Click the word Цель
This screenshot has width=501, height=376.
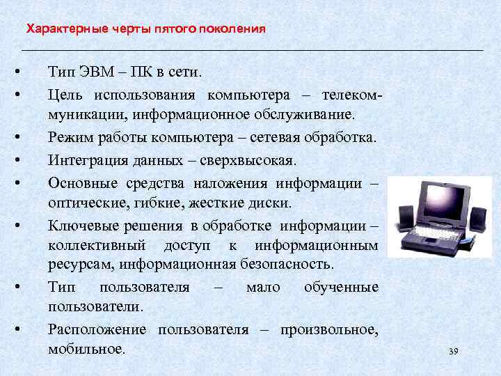click(x=64, y=94)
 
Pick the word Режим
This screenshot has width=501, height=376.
click(x=69, y=138)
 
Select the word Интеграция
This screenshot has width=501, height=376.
click(x=84, y=160)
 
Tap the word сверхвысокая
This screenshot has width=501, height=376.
click(x=255, y=160)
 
